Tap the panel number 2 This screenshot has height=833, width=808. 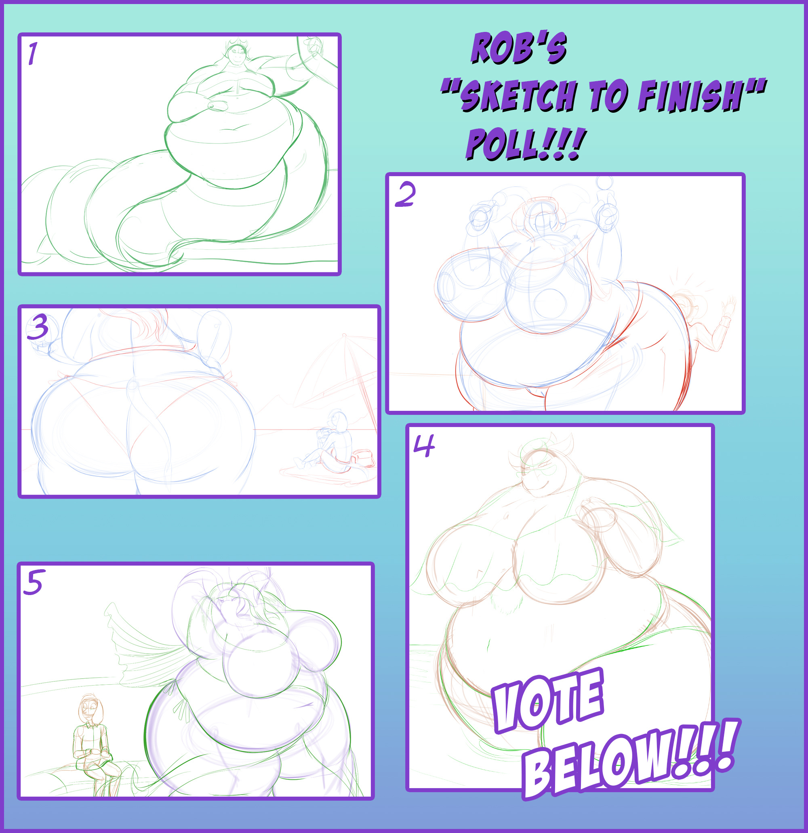point(405,195)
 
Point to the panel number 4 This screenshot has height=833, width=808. point(424,446)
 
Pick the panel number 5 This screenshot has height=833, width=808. point(33,582)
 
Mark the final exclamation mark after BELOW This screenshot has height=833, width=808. point(728,744)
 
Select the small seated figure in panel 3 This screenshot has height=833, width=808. point(328,442)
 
